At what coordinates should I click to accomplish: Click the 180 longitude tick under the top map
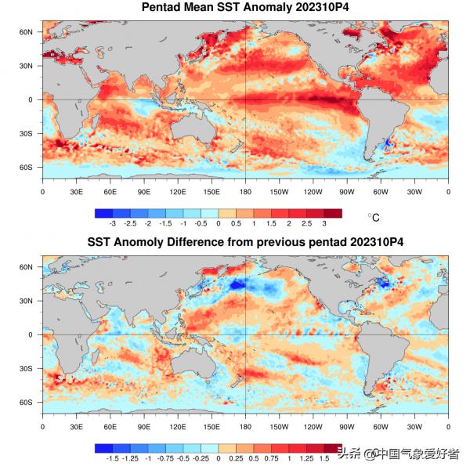(245, 190)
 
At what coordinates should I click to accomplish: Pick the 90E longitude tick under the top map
(144, 190)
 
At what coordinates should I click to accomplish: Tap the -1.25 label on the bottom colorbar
(131, 459)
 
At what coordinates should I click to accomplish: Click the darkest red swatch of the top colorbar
(333, 213)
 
